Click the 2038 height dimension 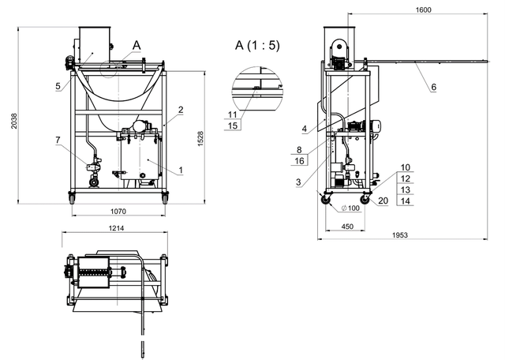(x=14, y=121)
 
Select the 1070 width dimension (x=118, y=212)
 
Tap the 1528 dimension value (x=200, y=139)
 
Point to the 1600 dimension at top (x=423, y=9)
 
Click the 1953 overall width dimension (x=400, y=235)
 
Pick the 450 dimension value (x=347, y=227)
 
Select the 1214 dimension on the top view (x=116, y=228)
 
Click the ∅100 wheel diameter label (x=350, y=208)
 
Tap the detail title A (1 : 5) (x=257, y=45)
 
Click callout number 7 (x=58, y=140)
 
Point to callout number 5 (x=58, y=86)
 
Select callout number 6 (x=433, y=87)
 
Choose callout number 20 (x=383, y=201)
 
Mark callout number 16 (x=299, y=160)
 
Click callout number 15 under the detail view (x=233, y=126)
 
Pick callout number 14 (x=406, y=201)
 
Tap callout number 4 (x=305, y=129)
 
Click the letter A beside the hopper (x=137, y=46)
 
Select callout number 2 (x=181, y=110)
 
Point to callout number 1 (x=181, y=170)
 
